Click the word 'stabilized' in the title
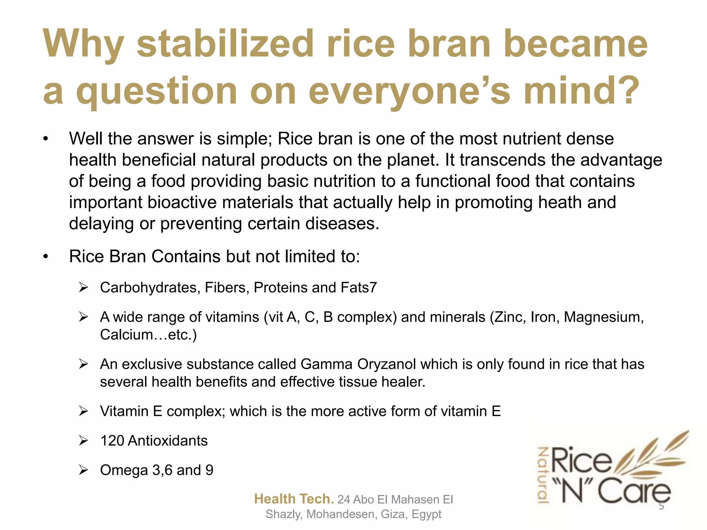coord(225,44)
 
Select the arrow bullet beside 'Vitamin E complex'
coord(84,411)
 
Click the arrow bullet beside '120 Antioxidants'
coord(84,441)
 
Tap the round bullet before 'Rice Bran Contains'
coord(45,257)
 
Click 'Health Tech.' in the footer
coord(294,499)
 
